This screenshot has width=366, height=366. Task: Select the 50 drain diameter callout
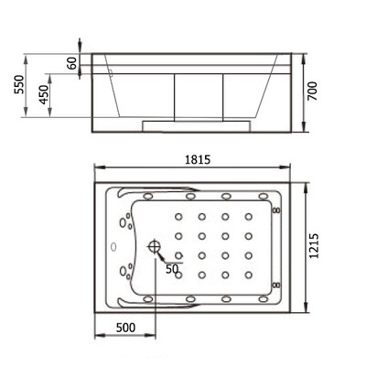(172, 269)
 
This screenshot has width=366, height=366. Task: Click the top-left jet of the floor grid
(178, 217)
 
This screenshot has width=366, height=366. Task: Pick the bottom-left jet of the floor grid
(178, 274)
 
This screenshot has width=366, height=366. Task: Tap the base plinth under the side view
(198, 121)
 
